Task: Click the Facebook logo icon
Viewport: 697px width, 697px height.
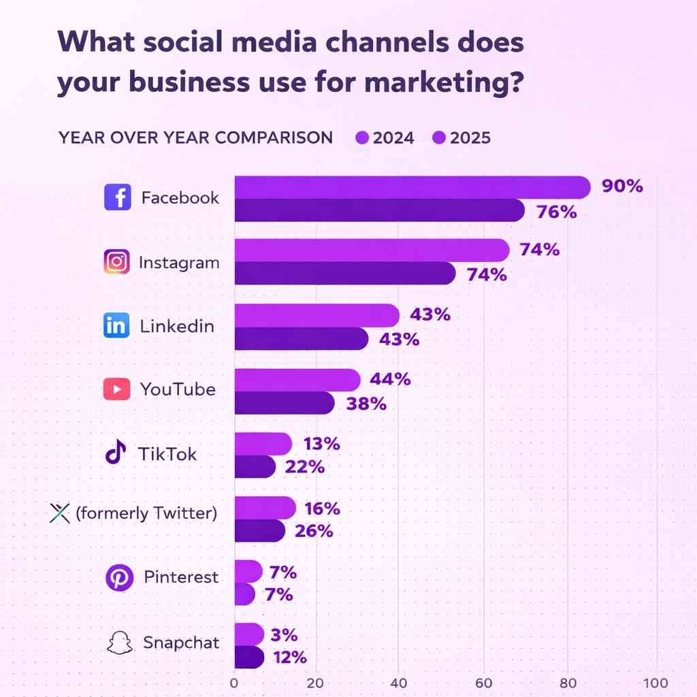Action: (117, 198)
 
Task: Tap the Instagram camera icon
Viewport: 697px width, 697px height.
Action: (117, 262)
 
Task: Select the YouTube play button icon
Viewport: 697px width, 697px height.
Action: (117, 389)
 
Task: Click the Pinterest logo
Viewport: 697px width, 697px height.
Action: (119, 578)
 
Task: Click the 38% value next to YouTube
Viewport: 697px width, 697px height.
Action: (366, 404)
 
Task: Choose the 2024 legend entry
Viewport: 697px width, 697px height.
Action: (385, 138)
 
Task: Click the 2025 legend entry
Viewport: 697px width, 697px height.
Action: (461, 138)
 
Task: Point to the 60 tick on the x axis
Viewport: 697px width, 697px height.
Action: (485, 682)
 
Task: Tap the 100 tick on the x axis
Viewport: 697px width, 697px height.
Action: (655, 682)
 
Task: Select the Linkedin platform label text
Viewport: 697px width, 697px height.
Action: (177, 326)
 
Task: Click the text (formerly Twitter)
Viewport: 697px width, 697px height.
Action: (146, 513)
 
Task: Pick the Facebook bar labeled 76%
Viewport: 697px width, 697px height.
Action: (378, 211)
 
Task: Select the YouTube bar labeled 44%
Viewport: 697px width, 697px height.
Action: (297, 380)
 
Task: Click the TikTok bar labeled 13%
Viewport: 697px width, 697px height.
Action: (263, 444)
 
